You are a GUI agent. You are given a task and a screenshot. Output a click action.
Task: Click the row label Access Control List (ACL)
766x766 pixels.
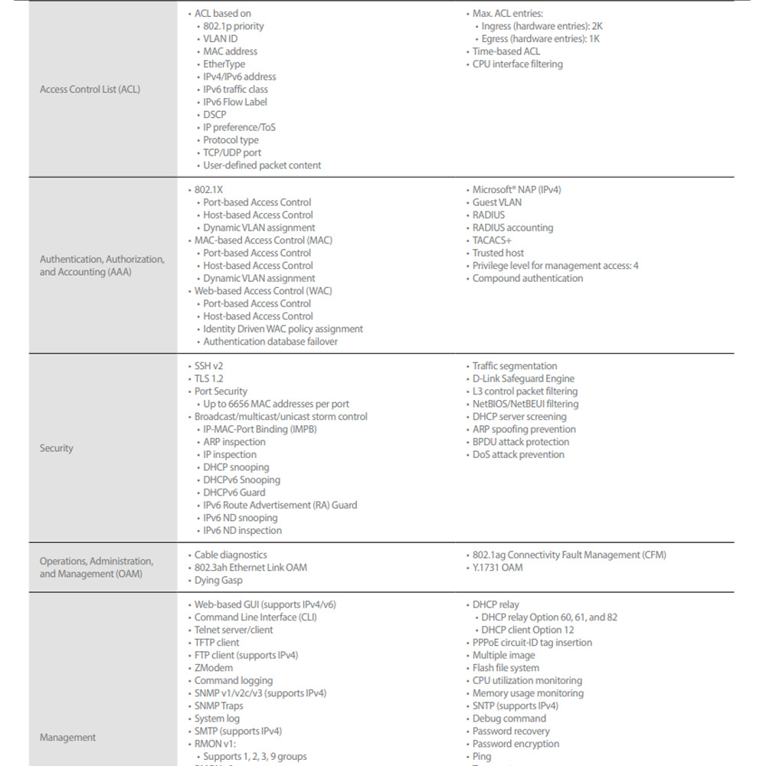90,90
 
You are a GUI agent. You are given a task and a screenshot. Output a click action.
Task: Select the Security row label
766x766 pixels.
57,448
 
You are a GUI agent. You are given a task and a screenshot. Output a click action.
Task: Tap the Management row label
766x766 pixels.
68,738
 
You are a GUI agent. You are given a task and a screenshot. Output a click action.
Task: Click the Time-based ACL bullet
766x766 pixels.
506,51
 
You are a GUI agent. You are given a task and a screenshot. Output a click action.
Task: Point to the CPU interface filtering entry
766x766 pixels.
517,64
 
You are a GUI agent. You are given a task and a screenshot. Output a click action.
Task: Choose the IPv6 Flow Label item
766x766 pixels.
235,102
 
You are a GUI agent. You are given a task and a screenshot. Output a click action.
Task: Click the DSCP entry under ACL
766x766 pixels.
214,115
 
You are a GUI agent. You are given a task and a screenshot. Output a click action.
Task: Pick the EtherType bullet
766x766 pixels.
224,64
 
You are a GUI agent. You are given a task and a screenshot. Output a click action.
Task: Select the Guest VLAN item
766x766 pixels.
496,202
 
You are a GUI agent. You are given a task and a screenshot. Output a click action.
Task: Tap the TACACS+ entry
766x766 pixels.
492,241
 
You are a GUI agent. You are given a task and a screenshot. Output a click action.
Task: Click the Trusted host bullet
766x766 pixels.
498,253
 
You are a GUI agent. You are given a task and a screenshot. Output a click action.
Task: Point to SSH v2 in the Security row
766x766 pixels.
208,366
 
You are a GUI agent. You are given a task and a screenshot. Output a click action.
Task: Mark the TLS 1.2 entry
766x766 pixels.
208,378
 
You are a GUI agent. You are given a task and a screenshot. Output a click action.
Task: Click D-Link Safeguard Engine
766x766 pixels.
523,378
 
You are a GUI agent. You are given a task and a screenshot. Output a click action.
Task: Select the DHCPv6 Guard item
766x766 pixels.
234,493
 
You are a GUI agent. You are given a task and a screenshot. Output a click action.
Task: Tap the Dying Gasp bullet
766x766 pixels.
219,581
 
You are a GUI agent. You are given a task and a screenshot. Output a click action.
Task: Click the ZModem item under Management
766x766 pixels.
214,668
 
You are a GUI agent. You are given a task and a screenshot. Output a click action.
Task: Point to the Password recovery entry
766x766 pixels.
511,732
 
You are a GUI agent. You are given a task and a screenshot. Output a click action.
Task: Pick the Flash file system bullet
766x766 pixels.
506,668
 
